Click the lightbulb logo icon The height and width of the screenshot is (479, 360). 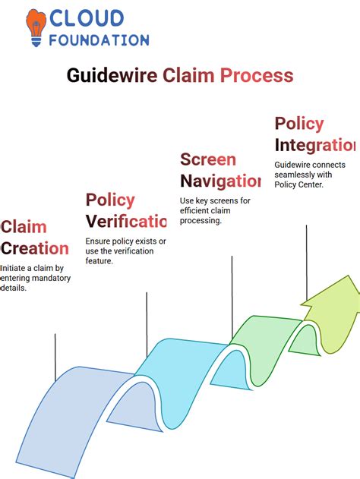[x=34, y=28]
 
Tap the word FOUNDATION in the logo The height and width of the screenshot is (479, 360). [x=99, y=39]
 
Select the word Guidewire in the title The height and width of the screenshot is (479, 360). [x=112, y=75]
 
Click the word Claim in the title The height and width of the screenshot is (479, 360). [x=190, y=75]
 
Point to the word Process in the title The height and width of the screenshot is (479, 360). [x=257, y=75]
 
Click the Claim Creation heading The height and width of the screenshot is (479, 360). [x=34, y=237]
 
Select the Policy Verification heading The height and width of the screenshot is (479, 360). [x=125, y=210]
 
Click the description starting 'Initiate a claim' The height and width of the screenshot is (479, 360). [x=36, y=278]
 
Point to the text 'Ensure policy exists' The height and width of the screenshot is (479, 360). [x=125, y=251]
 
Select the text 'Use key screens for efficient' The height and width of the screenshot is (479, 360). [x=215, y=210]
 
